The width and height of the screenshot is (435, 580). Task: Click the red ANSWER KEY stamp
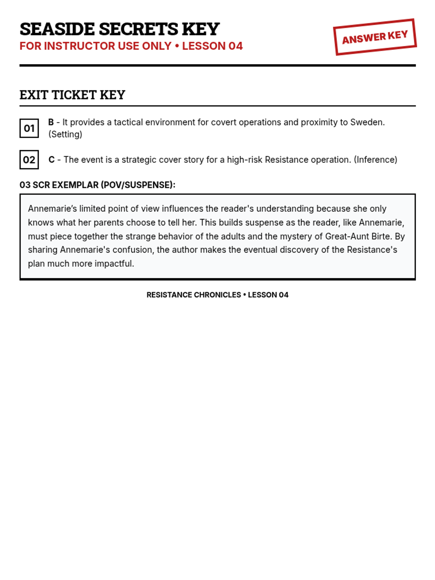coord(375,37)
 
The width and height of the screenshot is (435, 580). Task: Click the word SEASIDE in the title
coord(57,29)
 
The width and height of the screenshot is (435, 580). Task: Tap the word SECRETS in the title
coord(138,29)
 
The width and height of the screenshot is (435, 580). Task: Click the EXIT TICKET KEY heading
coord(72,95)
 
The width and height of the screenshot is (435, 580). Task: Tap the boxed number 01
coord(29,128)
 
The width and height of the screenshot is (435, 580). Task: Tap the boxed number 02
coord(29,160)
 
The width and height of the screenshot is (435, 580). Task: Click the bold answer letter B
coord(51,122)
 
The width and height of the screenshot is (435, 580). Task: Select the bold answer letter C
coord(51,159)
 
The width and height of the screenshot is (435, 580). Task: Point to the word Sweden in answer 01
coord(366,122)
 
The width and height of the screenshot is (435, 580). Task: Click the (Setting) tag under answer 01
coord(66,134)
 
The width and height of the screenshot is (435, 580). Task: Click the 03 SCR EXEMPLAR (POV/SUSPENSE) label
coord(97,185)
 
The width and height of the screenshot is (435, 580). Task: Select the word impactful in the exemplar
coord(114,264)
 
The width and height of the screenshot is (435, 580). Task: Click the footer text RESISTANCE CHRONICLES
coord(194,295)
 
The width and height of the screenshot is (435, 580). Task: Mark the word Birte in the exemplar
coord(381,236)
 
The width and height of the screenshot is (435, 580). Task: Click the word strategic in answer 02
coord(139,159)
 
